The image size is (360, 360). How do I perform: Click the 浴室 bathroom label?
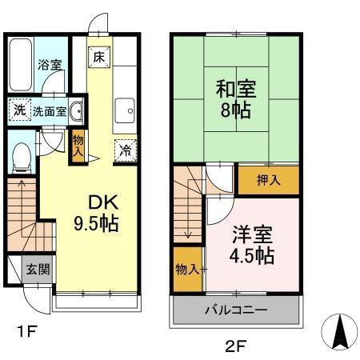50,65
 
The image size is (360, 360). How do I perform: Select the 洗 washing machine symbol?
18,110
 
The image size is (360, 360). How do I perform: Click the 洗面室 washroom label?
49,110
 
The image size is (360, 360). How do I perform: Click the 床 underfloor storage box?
98,57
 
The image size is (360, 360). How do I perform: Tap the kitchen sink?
125,110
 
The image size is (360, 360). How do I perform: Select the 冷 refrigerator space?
126,150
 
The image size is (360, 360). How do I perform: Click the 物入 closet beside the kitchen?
78,145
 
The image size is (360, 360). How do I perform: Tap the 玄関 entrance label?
35,269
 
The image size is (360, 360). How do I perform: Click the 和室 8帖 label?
234,96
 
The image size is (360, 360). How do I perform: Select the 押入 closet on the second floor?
269,181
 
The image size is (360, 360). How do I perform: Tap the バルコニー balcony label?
238,310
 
